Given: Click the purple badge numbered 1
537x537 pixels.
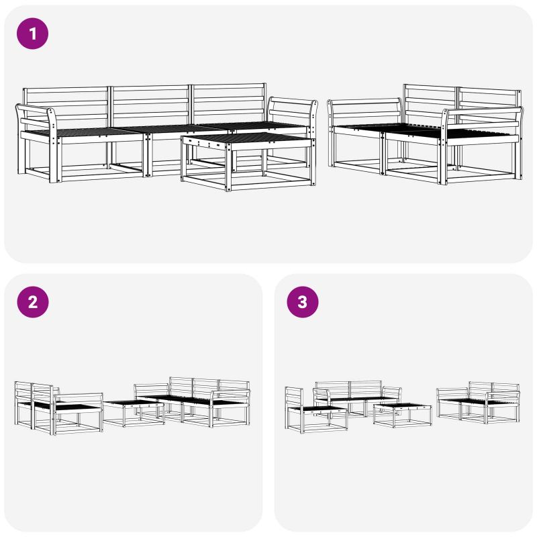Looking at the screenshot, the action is [x=32, y=34].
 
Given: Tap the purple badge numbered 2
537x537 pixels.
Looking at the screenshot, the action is [x=32, y=302].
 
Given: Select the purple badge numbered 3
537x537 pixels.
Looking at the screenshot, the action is [x=303, y=302].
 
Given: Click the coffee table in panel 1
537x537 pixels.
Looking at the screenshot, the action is [x=248, y=162].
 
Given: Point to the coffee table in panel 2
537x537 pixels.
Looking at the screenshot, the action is [x=134, y=413].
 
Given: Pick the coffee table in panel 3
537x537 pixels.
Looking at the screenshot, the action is [x=402, y=416].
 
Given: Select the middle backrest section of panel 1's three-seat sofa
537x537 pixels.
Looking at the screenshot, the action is [x=150, y=106].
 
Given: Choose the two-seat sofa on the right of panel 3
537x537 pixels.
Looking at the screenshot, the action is [x=479, y=403].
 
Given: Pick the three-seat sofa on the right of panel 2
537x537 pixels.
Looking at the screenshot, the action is [x=192, y=401].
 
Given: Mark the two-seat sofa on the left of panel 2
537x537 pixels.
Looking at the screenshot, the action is [x=58, y=408].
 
